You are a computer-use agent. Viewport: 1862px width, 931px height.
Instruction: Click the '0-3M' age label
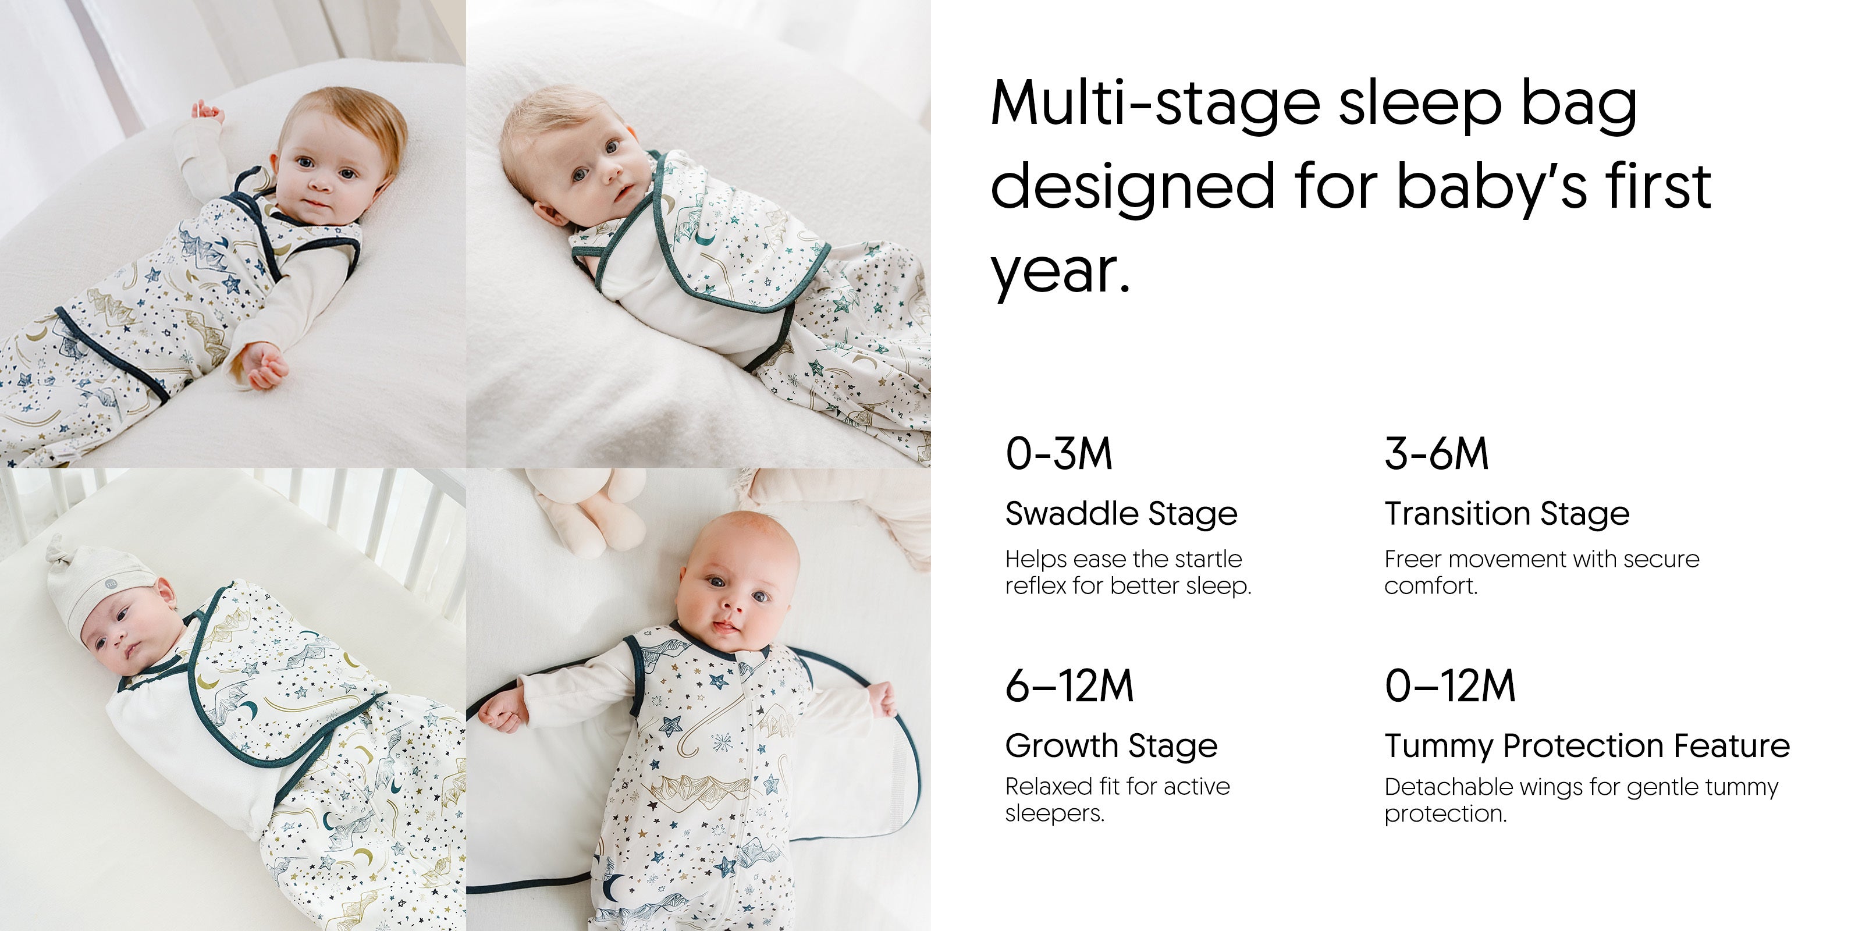1058,454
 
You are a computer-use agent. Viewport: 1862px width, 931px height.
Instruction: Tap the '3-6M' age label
1436,454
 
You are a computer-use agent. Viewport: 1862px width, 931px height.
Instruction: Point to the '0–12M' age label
1449,686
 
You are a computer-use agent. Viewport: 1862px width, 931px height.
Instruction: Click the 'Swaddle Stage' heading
1121,514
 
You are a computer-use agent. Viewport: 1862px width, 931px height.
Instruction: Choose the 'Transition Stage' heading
1507,514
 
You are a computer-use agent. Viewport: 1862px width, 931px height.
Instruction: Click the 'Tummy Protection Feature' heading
1587,747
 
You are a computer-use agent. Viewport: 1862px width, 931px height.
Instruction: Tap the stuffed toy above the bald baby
589,510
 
